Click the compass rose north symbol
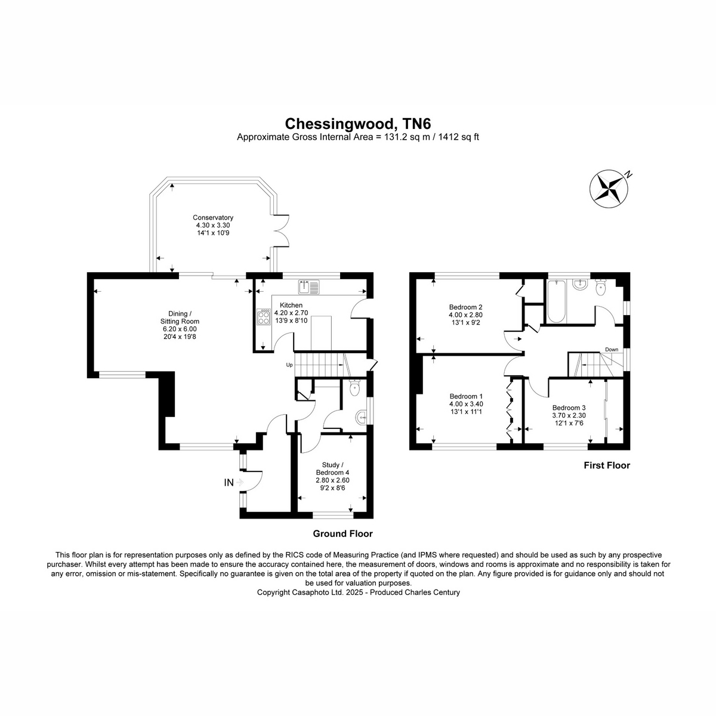click(x=609, y=189)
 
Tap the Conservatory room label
click(x=213, y=218)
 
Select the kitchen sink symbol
click(x=308, y=287)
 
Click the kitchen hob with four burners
click(x=264, y=317)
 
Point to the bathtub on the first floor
click(x=556, y=301)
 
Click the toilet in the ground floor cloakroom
click(x=355, y=388)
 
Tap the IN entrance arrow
click(x=240, y=482)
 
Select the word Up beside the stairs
click(x=289, y=365)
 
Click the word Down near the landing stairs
click(x=612, y=349)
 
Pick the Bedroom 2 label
click(x=465, y=307)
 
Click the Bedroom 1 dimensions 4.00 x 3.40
click(x=466, y=404)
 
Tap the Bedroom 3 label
click(x=569, y=408)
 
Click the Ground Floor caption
click(x=342, y=533)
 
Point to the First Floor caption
click(x=607, y=465)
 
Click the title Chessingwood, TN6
click(x=358, y=124)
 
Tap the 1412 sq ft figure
click(x=458, y=137)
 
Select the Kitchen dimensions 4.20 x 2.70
click(x=291, y=313)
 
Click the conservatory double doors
click(x=281, y=231)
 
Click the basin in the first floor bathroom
click(x=580, y=285)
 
